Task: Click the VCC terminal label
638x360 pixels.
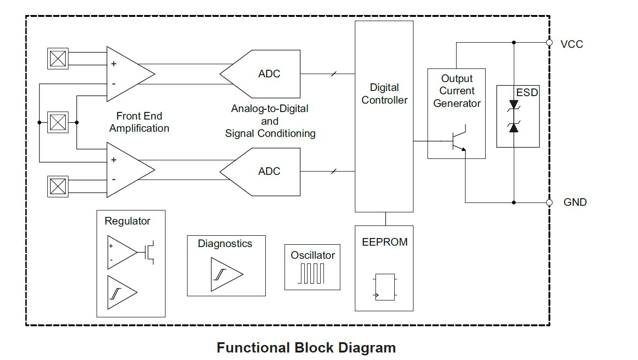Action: (x=571, y=44)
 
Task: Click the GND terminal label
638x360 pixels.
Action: (x=575, y=202)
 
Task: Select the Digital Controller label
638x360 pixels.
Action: (x=384, y=94)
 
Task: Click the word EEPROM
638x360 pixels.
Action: (x=384, y=242)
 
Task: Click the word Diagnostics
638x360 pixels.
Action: (x=225, y=244)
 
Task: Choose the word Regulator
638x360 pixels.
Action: (x=128, y=221)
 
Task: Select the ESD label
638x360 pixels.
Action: (x=527, y=92)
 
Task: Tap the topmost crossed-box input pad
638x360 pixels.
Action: (x=58, y=59)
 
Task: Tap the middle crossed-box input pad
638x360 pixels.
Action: (x=58, y=122)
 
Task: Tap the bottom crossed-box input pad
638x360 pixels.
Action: (x=58, y=186)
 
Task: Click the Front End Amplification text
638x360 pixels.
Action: (x=139, y=122)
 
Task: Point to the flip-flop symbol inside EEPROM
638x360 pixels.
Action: (x=385, y=287)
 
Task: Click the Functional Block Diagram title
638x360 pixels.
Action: (x=306, y=348)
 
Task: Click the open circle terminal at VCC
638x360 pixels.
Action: (x=549, y=43)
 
